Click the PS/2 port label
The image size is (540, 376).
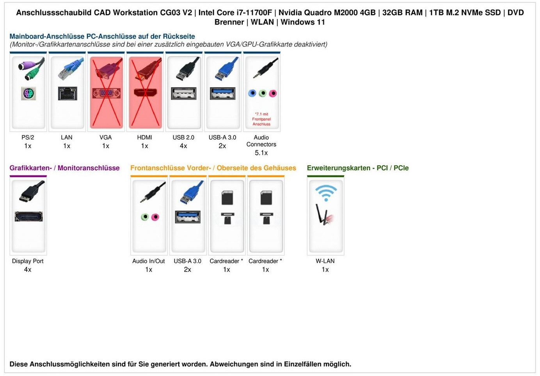click(x=28, y=137)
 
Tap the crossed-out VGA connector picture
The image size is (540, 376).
click(x=106, y=93)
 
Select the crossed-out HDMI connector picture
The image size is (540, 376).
click(x=145, y=93)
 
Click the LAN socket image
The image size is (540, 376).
click(x=67, y=93)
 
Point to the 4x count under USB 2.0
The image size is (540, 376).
click(x=183, y=146)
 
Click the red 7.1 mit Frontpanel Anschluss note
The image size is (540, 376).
click(x=261, y=119)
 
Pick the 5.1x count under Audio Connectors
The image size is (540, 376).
click(x=261, y=153)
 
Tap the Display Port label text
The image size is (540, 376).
click(x=28, y=261)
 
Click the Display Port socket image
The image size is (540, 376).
click(x=28, y=216)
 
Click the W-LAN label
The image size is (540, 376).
click(x=325, y=261)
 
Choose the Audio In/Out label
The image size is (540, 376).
click(x=148, y=261)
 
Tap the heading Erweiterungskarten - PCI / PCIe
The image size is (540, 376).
click(x=358, y=168)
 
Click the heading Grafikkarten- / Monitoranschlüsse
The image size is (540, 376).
click(x=64, y=168)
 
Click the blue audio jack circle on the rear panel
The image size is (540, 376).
click(x=252, y=93)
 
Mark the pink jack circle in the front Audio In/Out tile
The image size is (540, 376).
click(x=155, y=217)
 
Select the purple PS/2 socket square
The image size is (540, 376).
click(x=28, y=94)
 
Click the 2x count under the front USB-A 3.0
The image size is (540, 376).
click(x=187, y=270)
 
